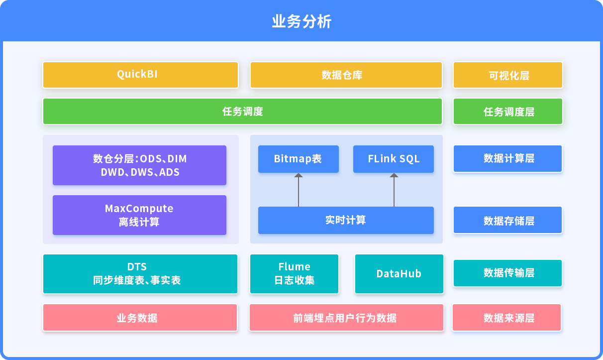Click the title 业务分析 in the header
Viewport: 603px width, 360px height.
click(301, 21)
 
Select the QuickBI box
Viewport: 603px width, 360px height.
click(140, 75)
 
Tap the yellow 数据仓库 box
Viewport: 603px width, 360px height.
click(346, 75)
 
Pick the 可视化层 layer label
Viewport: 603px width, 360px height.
click(508, 75)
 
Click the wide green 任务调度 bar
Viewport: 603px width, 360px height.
click(243, 112)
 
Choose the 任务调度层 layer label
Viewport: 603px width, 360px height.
click(508, 112)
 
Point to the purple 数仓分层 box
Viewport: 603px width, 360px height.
click(139, 165)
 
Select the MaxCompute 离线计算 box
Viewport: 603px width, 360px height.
click(139, 215)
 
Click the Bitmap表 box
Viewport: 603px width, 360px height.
click(299, 159)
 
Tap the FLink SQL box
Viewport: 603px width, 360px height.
click(394, 159)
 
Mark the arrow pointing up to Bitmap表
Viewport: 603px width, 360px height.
click(299, 190)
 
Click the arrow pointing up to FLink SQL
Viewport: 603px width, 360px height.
click(394, 190)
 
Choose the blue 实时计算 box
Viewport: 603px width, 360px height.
click(346, 220)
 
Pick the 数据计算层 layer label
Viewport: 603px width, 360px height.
click(507, 158)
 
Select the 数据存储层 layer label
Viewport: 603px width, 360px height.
click(507, 220)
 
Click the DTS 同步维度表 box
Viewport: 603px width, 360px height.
click(140, 274)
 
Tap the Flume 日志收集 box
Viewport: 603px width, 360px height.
click(294, 274)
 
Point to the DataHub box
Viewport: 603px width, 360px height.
click(399, 274)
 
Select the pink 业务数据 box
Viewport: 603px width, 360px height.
click(140, 317)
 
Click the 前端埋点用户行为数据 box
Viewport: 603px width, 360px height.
click(346, 317)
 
